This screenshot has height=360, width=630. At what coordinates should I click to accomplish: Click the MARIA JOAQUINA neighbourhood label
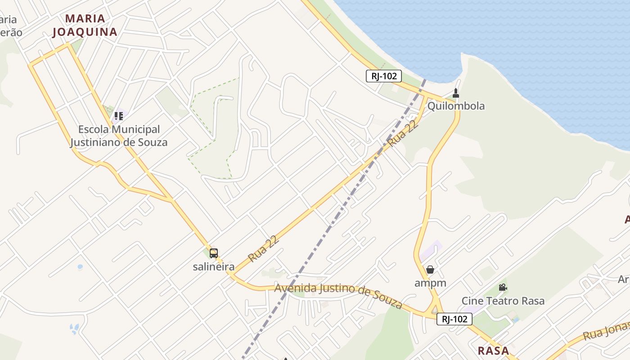pos(85,25)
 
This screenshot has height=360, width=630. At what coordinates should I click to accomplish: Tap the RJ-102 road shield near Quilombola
pos(383,76)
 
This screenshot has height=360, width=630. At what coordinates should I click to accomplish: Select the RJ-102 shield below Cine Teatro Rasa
pos(454,319)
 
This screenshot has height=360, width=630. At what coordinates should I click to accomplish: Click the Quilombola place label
pos(456,106)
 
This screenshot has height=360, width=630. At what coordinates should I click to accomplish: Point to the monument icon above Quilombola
pos(456,93)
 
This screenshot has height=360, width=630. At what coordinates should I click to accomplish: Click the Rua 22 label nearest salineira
pos(264,249)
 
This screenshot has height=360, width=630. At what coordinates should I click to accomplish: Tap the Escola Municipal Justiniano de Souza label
pos(119,136)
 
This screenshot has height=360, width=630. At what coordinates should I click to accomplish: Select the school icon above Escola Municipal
pos(118,116)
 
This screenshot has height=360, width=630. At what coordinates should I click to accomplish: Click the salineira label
pos(214,267)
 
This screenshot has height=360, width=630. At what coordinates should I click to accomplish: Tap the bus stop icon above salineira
pos(214,253)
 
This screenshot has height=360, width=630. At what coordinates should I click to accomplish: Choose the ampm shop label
pos(430,283)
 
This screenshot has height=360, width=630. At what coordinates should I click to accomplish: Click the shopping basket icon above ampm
pos(430,270)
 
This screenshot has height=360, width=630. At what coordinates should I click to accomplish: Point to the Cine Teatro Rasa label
pos(503,301)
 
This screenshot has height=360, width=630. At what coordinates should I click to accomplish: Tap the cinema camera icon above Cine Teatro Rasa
pos(503,288)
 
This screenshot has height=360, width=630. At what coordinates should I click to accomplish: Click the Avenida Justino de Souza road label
pos(338,295)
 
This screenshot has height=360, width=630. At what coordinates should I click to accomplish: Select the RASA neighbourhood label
pos(493,351)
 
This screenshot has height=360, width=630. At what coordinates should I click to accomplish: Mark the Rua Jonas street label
pos(606,332)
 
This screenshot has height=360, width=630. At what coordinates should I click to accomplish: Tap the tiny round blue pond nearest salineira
pos(80,267)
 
